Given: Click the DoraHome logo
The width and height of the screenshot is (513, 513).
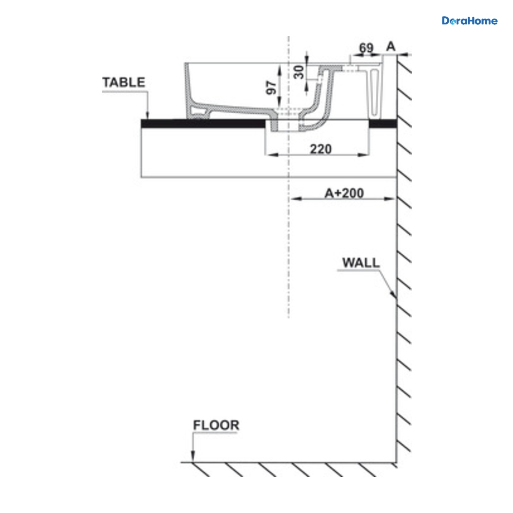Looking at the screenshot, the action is pos(469,21).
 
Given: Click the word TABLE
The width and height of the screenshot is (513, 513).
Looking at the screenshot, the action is pos(124,82).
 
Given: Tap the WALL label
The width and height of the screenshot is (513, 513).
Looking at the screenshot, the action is pos(361,263).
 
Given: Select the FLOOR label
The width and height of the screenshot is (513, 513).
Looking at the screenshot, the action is pos(216,425).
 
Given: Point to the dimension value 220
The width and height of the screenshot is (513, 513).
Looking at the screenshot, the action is pos(321,149).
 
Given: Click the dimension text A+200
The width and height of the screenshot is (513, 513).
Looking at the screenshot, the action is pos(344,193).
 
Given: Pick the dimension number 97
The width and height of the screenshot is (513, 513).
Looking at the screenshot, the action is pos(271,88).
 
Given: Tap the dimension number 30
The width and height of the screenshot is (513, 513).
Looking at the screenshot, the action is pos(299,72).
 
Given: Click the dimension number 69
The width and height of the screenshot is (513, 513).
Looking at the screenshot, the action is pos(366,47).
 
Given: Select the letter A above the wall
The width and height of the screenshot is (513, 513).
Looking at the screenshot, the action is pos(391,47).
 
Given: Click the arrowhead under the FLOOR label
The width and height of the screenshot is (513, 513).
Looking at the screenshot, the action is pos(193,456).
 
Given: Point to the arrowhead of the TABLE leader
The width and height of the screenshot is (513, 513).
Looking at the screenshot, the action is pos(148,115).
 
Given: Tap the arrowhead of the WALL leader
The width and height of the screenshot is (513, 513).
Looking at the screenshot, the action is pos(393,294).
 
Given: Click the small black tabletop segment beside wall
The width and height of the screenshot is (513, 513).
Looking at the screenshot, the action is pos(383,123).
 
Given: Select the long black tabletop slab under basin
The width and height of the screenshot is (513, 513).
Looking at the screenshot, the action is pos(203,124).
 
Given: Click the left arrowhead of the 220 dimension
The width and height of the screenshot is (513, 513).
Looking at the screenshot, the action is pos(272,155).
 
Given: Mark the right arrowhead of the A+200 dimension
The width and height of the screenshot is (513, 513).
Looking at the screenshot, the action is pos(389,198).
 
